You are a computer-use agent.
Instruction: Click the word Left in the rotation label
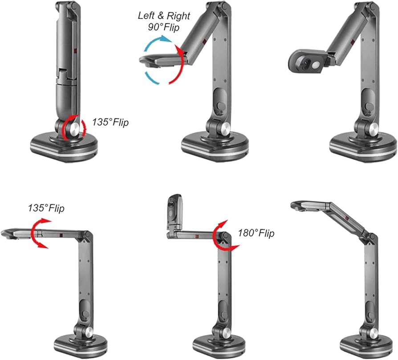click(146, 16)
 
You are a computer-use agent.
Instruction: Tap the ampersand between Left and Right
click(161, 16)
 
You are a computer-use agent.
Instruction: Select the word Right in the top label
click(179, 16)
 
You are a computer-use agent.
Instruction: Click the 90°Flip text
click(164, 27)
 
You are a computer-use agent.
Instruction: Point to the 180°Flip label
click(256, 233)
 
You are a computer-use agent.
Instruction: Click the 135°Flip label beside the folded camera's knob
click(110, 122)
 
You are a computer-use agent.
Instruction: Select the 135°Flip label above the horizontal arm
click(46, 208)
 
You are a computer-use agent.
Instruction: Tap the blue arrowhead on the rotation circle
click(165, 39)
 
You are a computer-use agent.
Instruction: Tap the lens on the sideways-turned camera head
click(306, 63)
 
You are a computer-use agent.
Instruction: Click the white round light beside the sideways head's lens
click(316, 65)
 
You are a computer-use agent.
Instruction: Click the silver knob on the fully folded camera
click(75, 129)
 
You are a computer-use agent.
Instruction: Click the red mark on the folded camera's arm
click(76, 51)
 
